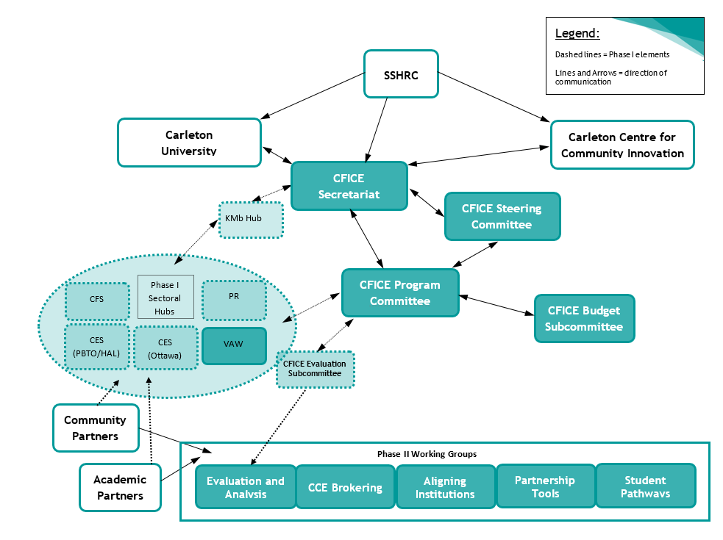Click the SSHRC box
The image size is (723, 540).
[x=401, y=73]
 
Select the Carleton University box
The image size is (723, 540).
[x=189, y=143]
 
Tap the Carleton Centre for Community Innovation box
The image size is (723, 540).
[x=622, y=145]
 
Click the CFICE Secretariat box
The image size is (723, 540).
[x=349, y=186]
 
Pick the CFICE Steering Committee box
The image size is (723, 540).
[x=502, y=217]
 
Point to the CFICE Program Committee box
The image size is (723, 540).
[x=400, y=293]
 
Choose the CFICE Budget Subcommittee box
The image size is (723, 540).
[x=584, y=319]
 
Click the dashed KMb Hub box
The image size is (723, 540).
[x=251, y=220]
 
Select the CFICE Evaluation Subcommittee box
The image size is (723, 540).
[x=316, y=369]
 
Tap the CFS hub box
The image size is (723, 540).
[x=96, y=300]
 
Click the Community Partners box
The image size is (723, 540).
[x=96, y=428]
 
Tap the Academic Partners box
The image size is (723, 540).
[x=120, y=487]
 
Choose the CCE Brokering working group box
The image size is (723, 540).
[x=345, y=487]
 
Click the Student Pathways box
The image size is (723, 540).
[x=645, y=486]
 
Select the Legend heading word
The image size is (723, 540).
[x=577, y=33]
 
